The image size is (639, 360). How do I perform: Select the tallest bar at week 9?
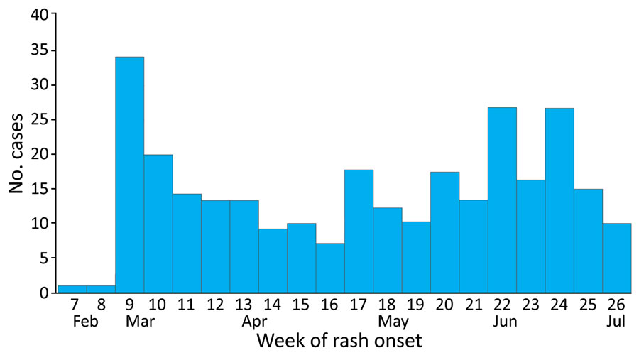tap(129, 175)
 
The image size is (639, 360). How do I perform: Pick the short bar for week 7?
tap(72, 289)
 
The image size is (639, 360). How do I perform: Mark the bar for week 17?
tap(359, 231)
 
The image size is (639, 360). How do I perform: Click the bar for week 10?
tap(158, 224)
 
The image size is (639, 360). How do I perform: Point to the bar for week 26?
tap(616, 258)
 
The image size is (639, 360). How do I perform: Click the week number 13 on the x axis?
tap(244, 305)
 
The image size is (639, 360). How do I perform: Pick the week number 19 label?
tap(415, 305)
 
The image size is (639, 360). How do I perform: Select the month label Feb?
tap(72, 321)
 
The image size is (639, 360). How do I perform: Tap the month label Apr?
tap(254, 321)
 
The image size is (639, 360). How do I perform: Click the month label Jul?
tap(616, 321)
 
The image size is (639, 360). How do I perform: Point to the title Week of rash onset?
tap(339, 342)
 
